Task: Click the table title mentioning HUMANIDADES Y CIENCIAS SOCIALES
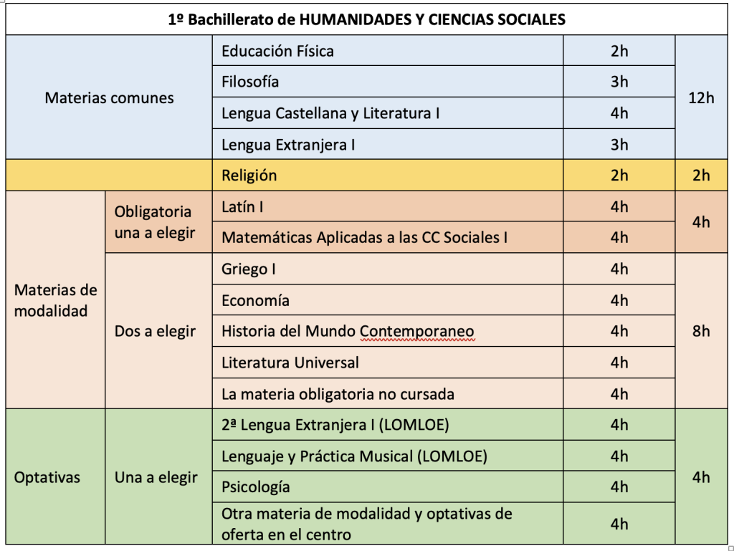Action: pos(366,20)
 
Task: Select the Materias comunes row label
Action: pos(109,97)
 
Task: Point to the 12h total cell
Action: pos(701,97)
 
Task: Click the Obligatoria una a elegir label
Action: pos(154,222)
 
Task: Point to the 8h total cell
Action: pos(701,331)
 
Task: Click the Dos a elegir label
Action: pos(155,332)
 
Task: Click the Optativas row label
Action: pos(47,477)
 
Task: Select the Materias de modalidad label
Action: pos(55,300)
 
